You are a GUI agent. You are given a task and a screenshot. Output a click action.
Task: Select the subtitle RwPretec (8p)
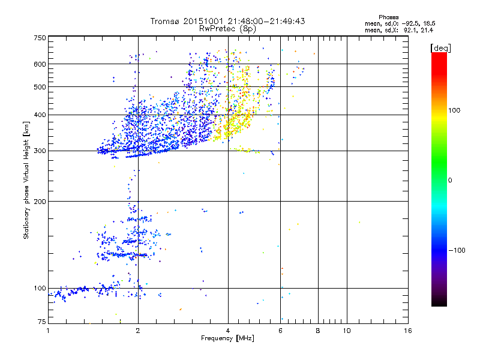[x=228, y=28]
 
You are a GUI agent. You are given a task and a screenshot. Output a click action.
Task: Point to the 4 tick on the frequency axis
[x=228, y=331]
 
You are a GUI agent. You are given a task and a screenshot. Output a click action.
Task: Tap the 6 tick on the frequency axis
[x=280, y=331]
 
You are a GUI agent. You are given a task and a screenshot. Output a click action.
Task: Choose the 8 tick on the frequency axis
[x=318, y=331]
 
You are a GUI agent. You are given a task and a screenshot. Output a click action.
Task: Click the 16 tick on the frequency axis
[x=408, y=331]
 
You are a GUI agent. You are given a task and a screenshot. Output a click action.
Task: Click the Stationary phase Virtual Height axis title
[x=26, y=180]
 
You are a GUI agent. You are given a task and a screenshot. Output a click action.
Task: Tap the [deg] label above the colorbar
[x=440, y=47]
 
